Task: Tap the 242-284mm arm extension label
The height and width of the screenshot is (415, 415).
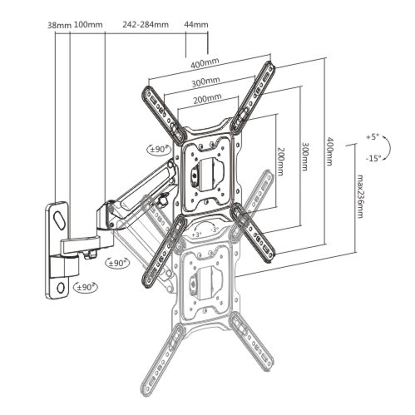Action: [146, 25]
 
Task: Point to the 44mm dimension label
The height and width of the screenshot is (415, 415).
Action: [196, 25]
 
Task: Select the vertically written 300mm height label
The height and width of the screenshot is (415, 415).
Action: [304, 157]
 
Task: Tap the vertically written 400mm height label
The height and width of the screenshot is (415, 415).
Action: [329, 151]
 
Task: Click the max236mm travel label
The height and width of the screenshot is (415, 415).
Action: [359, 196]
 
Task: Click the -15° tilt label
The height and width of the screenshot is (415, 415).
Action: [373, 159]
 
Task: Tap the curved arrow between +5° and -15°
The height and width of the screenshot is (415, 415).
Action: [387, 148]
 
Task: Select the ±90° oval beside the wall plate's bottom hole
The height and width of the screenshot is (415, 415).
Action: [85, 287]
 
